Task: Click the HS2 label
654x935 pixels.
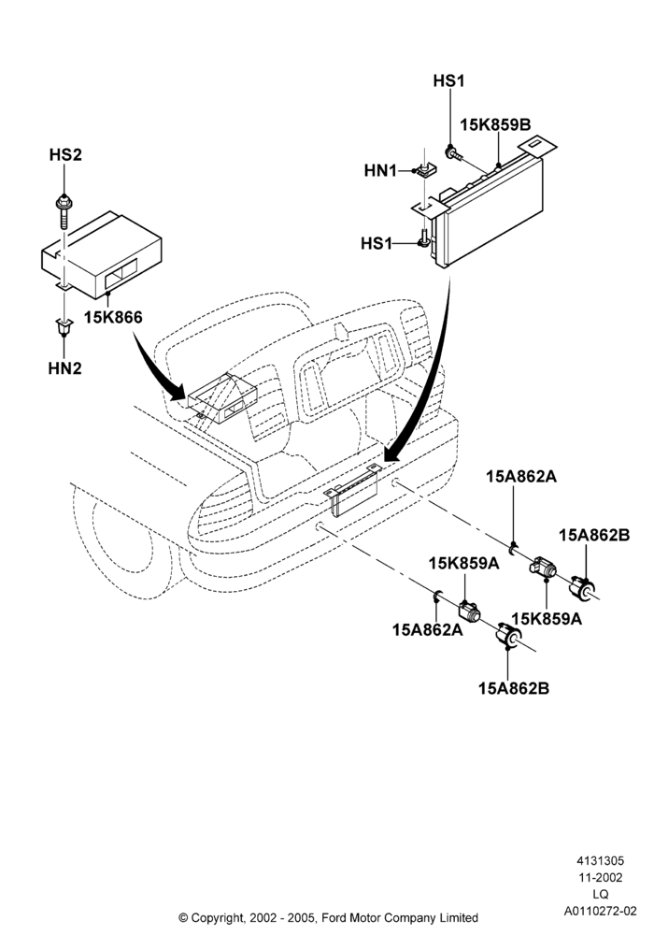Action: (x=64, y=155)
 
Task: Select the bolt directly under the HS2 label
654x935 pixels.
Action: (x=62, y=211)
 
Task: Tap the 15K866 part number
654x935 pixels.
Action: (x=113, y=317)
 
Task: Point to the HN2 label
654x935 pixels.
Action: (x=64, y=368)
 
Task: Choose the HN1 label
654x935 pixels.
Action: (x=380, y=171)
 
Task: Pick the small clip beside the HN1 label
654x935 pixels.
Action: (x=425, y=170)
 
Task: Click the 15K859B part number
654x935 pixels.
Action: (x=495, y=125)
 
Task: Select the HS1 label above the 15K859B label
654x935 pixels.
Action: (x=448, y=81)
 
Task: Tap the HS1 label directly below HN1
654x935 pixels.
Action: (x=377, y=244)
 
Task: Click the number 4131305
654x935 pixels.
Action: (x=600, y=860)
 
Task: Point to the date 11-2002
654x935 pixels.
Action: (x=601, y=877)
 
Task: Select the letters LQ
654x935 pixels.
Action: (x=601, y=894)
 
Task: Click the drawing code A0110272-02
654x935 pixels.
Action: (x=601, y=911)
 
